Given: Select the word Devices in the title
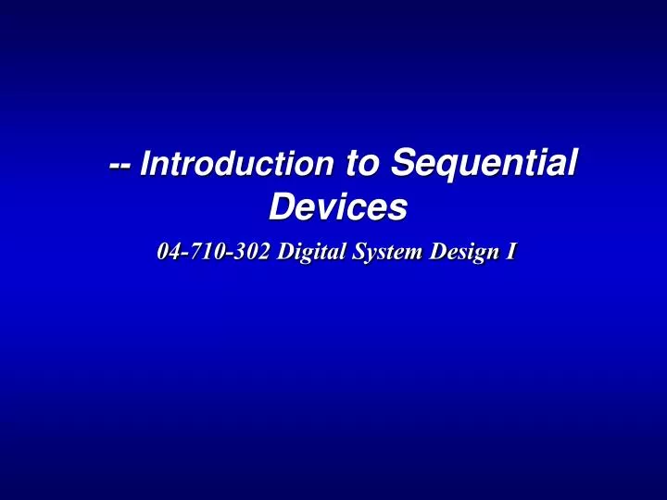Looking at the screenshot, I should point(337,208).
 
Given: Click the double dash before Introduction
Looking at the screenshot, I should point(120,167).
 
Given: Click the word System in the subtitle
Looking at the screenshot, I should point(383,252).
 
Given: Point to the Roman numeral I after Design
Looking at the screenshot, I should point(510,252).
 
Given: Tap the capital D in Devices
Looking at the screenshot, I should point(280,208).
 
